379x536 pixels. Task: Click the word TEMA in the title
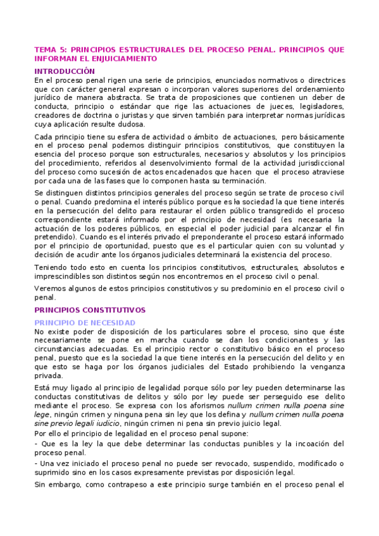coord(44,49)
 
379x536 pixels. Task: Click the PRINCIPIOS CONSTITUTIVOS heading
coord(90,310)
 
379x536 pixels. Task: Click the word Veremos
coord(51,288)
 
